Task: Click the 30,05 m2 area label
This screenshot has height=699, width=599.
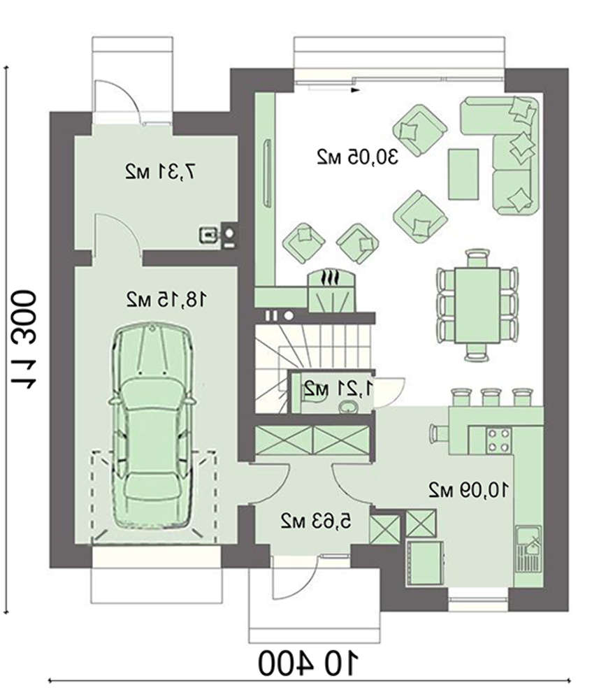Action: click(x=357, y=157)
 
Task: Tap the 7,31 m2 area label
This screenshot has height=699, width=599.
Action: click(x=161, y=172)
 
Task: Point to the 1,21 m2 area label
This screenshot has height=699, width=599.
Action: click(x=338, y=389)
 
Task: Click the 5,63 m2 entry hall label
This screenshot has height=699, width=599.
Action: click(x=316, y=521)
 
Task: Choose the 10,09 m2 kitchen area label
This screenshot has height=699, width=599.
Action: click(x=468, y=490)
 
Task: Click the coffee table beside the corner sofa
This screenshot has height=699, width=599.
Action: click(x=463, y=174)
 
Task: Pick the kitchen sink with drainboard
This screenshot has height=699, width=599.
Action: click(x=528, y=549)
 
